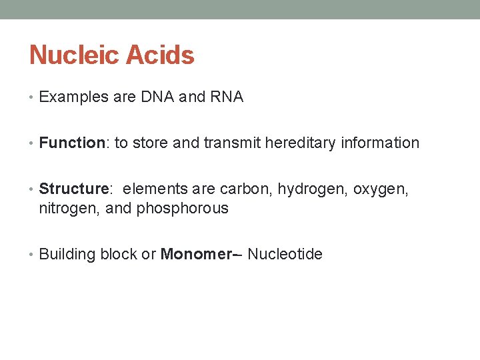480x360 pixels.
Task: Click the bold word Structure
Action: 73,190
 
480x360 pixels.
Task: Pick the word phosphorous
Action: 182,209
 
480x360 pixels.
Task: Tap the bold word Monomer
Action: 193,255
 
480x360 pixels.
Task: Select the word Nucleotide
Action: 285,255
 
